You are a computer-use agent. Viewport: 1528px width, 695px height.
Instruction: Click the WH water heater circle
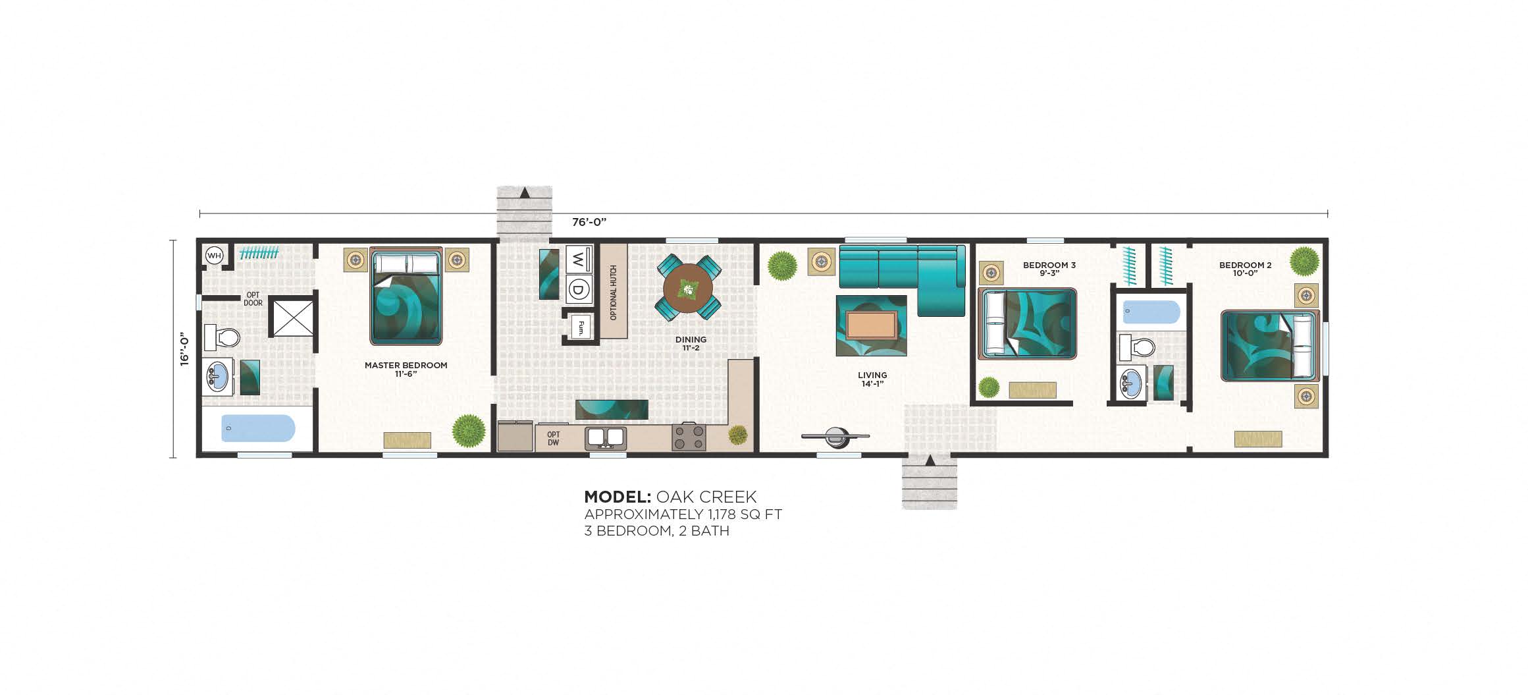click(215, 256)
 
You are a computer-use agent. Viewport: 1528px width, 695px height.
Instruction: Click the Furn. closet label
click(581, 326)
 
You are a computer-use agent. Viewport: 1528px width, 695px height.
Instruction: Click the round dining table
click(688, 288)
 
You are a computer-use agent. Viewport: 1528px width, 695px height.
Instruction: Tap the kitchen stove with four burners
click(689, 437)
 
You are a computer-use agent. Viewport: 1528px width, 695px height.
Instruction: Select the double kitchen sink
click(606, 437)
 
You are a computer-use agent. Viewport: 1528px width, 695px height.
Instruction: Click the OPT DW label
click(553, 439)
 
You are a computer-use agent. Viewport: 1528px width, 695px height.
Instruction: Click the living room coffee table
click(871, 325)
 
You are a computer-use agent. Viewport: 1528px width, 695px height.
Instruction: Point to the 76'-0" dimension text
click(589, 223)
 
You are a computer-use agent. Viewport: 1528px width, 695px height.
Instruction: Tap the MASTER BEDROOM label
click(406, 366)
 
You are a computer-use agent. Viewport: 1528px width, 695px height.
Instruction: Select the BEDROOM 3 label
click(1049, 265)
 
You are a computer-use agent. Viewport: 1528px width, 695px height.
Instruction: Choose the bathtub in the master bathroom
click(257, 428)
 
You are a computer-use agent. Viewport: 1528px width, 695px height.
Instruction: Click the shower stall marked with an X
click(293, 318)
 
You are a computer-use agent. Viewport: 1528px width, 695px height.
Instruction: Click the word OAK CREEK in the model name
click(706, 497)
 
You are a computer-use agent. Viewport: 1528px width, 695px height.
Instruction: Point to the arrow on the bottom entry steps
click(930, 460)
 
